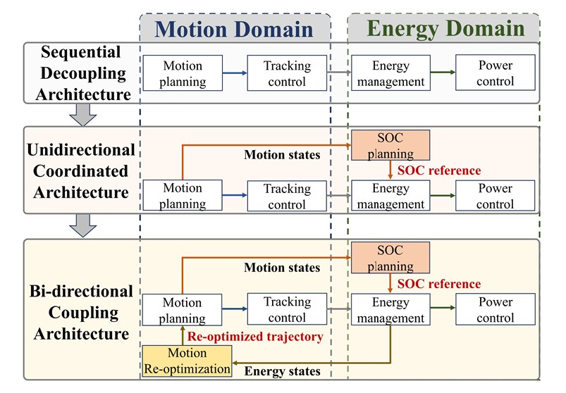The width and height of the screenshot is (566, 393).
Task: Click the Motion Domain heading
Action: [x=234, y=29]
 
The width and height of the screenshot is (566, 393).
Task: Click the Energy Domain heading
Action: [x=445, y=28]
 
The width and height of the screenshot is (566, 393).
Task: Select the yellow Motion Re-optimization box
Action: [x=187, y=361]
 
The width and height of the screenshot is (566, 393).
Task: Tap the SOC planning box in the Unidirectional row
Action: [x=390, y=145]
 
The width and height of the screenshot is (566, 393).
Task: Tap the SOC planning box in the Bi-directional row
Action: [x=390, y=258]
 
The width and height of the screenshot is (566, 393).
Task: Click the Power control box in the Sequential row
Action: [x=496, y=73]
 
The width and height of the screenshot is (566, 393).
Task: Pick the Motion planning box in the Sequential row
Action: [x=183, y=73]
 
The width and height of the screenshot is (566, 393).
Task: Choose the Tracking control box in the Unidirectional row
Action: [x=287, y=196]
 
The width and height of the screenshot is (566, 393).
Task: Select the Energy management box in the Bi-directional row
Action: [x=390, y=309]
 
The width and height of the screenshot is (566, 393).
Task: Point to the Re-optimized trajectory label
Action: [x=255, y=337]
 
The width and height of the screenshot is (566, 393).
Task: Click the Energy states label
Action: [x=282, y=371]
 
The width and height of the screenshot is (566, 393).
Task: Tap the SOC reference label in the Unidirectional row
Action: [x=439, y=170]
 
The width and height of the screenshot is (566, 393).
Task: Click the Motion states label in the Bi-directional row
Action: [x=282, y=267]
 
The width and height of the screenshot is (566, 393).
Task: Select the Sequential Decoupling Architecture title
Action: [x=82, y=73]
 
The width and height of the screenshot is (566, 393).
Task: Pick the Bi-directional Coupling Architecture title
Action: [x=82, y=312]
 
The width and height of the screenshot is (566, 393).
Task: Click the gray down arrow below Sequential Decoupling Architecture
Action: [x=82, y=115]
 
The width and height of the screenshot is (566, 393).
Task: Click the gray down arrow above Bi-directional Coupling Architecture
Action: [x=82, y=225]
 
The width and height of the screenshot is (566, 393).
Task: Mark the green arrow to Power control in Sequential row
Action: [x=443, y=72]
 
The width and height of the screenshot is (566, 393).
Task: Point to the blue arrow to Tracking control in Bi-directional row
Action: [x=235, y=308]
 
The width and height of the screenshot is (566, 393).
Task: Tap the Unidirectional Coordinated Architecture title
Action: [x=81, y=171]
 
